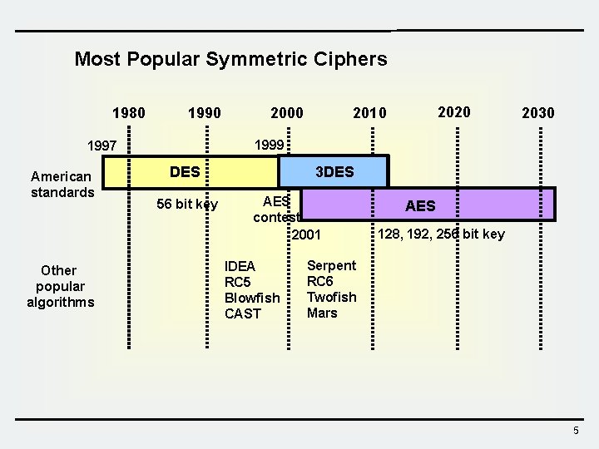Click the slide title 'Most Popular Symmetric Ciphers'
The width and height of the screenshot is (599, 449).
coord(230,59)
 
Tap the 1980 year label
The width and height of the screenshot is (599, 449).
coord(129,112)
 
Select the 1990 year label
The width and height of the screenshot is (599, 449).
coord(205,112)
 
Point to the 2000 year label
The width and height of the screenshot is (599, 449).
coord(286,112)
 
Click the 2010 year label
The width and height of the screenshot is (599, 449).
coord(370,112)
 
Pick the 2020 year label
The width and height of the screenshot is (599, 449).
coord(454,111)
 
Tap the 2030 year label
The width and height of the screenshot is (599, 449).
coord(537,112)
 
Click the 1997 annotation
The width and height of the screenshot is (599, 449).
coord(102,146)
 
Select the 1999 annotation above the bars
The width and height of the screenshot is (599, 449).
coord(270,145)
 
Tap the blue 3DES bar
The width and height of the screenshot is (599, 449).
coord(334,172)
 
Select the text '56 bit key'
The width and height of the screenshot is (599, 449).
coord(187,205)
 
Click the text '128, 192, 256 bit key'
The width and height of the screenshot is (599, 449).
coord(441,234)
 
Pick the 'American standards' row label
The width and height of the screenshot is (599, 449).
coord(62,185)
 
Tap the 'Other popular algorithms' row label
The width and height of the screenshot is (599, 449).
coord(60,286)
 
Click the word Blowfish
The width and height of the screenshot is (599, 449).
coord(252,298)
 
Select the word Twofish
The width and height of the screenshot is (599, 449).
coord(331,297)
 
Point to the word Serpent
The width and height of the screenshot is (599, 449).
coord(331,265)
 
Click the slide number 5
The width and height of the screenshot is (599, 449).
coord(576,430)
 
